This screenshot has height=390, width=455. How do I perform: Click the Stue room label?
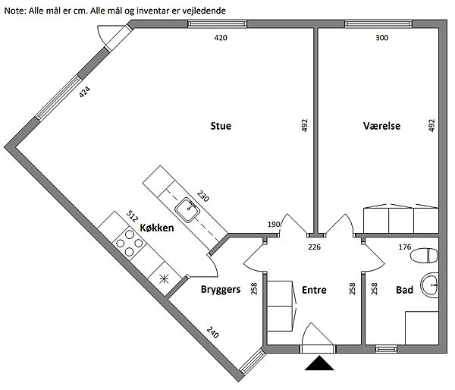[x=221, y=126]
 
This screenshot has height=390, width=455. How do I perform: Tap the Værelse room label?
[x=381, y=126]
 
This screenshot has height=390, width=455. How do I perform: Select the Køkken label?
[x=157, y=228]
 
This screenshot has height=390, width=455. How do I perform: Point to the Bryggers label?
[x=221, y=290]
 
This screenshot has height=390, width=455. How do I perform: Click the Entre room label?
[x=314, y=290]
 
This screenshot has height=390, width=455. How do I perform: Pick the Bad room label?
[x=404, y=290]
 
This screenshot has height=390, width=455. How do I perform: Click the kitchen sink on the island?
[x=188, y=210]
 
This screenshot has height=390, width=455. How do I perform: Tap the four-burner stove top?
[x=130, y=243]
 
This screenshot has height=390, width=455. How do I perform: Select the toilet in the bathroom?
[x=424, y=256]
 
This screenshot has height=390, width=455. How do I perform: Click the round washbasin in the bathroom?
[x=429, y=285]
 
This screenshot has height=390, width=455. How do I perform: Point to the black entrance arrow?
[x=319, y=363]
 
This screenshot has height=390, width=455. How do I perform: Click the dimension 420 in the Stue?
[x=221, y=38]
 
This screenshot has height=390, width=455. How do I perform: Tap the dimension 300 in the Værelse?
[x=381, y=38]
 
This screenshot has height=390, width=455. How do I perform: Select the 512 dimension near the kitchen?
[x=132, y=216]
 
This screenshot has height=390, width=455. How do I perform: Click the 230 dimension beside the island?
[x=202, y=196]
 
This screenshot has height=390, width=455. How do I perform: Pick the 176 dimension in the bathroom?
[x=405, y=247]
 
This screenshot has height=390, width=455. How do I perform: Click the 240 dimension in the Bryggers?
[x=212, y=332]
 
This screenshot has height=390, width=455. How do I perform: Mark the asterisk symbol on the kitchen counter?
[x=164, y=279]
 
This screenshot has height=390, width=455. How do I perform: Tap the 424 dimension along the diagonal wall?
[x=85, y=92]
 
